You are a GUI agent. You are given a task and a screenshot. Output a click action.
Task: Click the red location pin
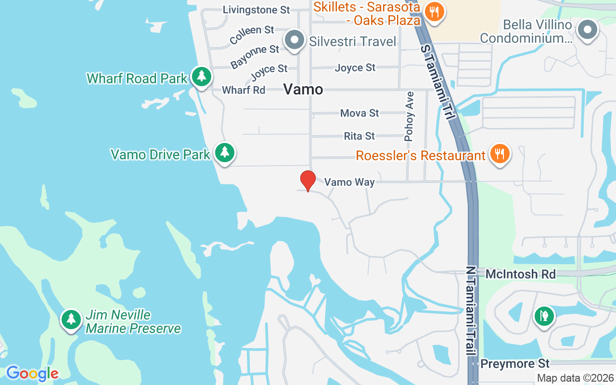308,180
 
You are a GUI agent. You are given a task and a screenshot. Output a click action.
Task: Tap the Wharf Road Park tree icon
202,77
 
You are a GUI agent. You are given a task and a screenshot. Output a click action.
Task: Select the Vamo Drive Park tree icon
224,153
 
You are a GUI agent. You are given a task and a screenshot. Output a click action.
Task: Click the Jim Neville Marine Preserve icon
71,319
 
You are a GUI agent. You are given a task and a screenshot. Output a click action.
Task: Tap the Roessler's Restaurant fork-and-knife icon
500,154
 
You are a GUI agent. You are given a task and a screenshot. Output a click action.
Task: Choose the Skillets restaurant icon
435,13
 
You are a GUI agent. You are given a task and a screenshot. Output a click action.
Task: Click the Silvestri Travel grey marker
295,40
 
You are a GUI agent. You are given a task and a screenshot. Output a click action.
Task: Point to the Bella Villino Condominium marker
587,30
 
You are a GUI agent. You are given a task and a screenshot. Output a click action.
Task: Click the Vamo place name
303,89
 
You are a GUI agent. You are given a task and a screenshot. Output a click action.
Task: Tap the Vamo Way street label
349,182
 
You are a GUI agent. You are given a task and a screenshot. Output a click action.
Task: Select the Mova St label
359,113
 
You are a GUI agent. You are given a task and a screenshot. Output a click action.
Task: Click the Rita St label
359,136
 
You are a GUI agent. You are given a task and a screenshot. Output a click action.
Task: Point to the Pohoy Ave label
410,123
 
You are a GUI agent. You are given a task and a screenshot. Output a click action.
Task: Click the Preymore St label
515,363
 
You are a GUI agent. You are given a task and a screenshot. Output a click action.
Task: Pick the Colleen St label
252,34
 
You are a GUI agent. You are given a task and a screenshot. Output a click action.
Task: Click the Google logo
32,373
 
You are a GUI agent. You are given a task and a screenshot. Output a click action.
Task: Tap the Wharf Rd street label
244,90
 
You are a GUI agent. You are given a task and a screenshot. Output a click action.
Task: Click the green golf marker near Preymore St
544,317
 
